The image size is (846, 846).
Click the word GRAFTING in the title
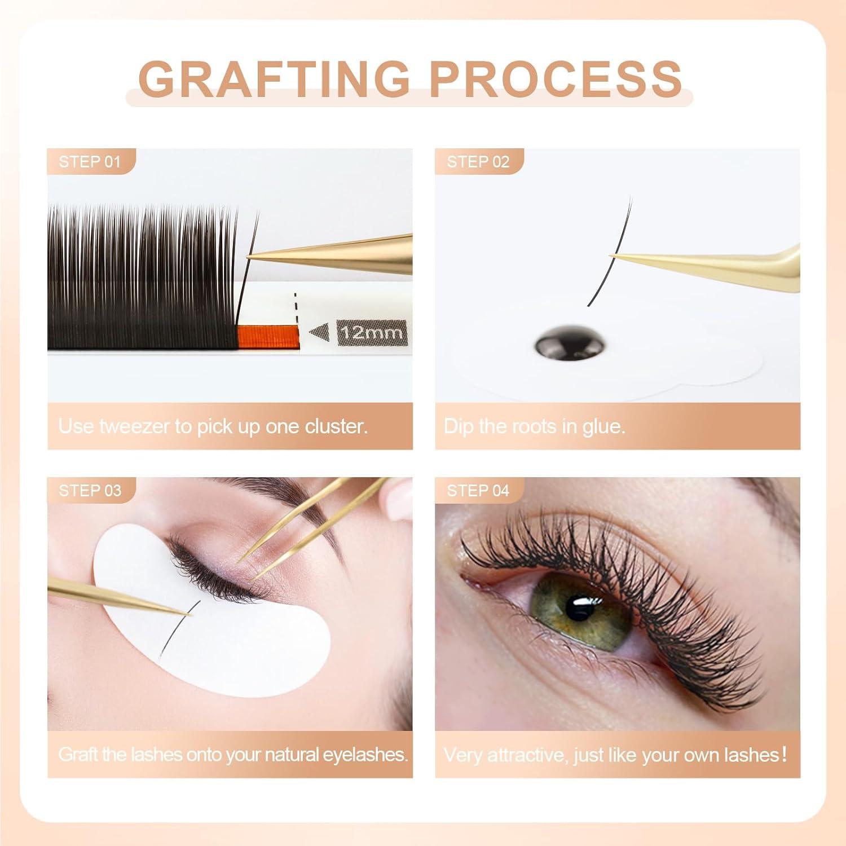pos(274,78)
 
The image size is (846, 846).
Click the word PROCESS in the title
pos(556,78)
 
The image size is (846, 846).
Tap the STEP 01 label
pos(90,162)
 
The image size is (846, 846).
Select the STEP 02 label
pos(478,162)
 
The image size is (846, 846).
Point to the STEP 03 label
pos(90,491)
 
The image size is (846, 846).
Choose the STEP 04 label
pos(478,491)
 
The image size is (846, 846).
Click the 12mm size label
pos(372,332)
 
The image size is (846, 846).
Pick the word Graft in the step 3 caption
pos(79,755)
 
